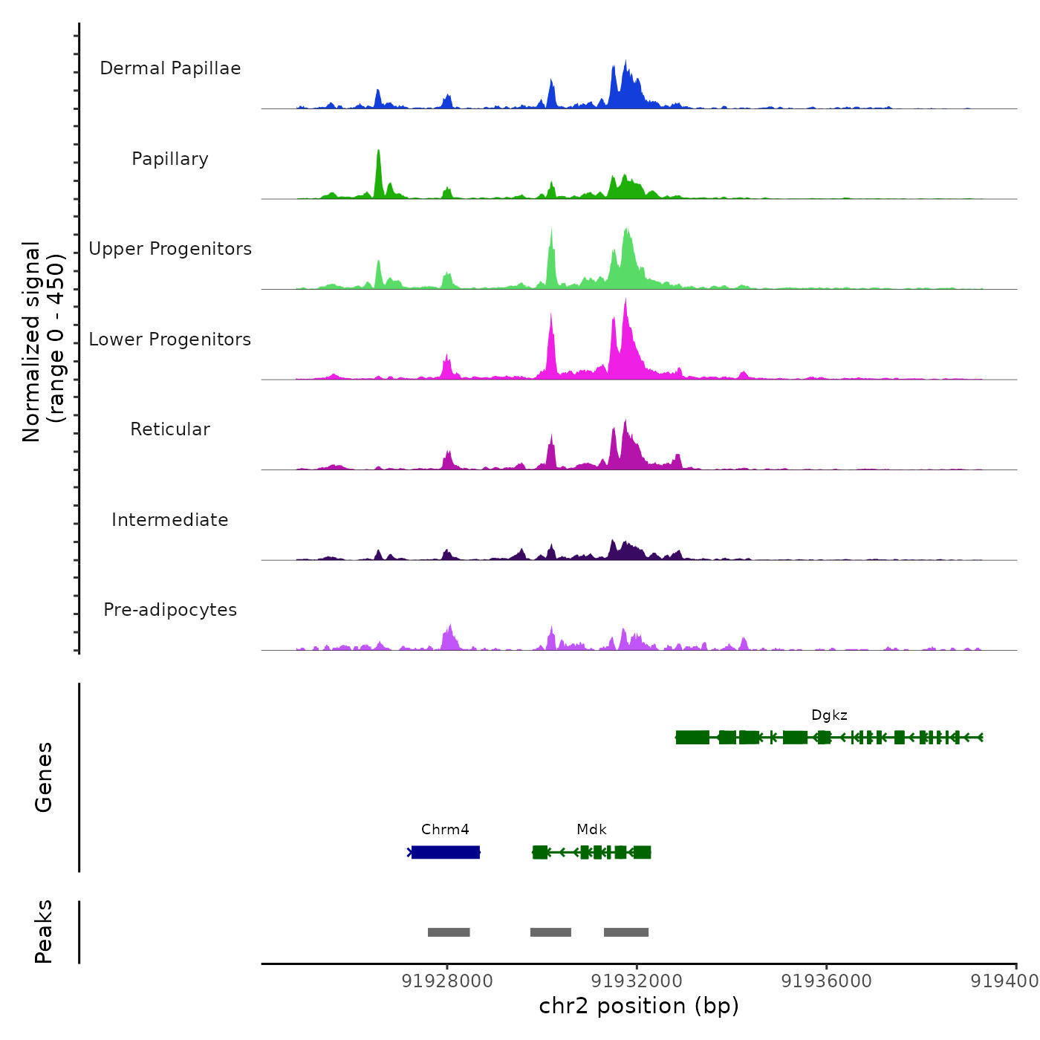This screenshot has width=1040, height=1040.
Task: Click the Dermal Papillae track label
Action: click(x=170, y=68)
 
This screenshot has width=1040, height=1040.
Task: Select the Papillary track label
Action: click(x=170, y=159)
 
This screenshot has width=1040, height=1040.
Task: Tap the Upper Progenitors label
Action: click(x=170, y=249)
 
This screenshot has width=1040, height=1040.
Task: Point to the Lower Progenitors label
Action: click(x=170, y=339)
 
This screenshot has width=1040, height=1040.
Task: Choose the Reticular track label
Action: click(x=170, y=429)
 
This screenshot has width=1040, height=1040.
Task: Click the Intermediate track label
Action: click(x=170, y=520)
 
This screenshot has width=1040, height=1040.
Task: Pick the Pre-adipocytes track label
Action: click(x=170, y=610)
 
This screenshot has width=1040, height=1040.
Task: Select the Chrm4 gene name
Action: click(x=445, y=830)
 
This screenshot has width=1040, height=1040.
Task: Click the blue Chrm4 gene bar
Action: click(x=446, y=852)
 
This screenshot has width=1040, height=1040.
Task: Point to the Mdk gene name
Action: click(x=591, y=830)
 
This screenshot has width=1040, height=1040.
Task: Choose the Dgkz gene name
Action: click(x=829, y=715)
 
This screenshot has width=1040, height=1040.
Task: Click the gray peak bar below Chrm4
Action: click(x=449, y=932)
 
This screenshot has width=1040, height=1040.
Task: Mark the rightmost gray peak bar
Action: click(x=626, y=932)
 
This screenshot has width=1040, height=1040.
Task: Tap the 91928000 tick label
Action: click(x=447, y=981)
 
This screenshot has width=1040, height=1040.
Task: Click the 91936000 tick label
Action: click(x=827, y=981)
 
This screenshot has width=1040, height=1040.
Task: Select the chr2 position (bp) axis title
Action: click(x=639, y=1007)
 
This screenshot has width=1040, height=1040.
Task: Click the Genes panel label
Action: click(x=44, y=777)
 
